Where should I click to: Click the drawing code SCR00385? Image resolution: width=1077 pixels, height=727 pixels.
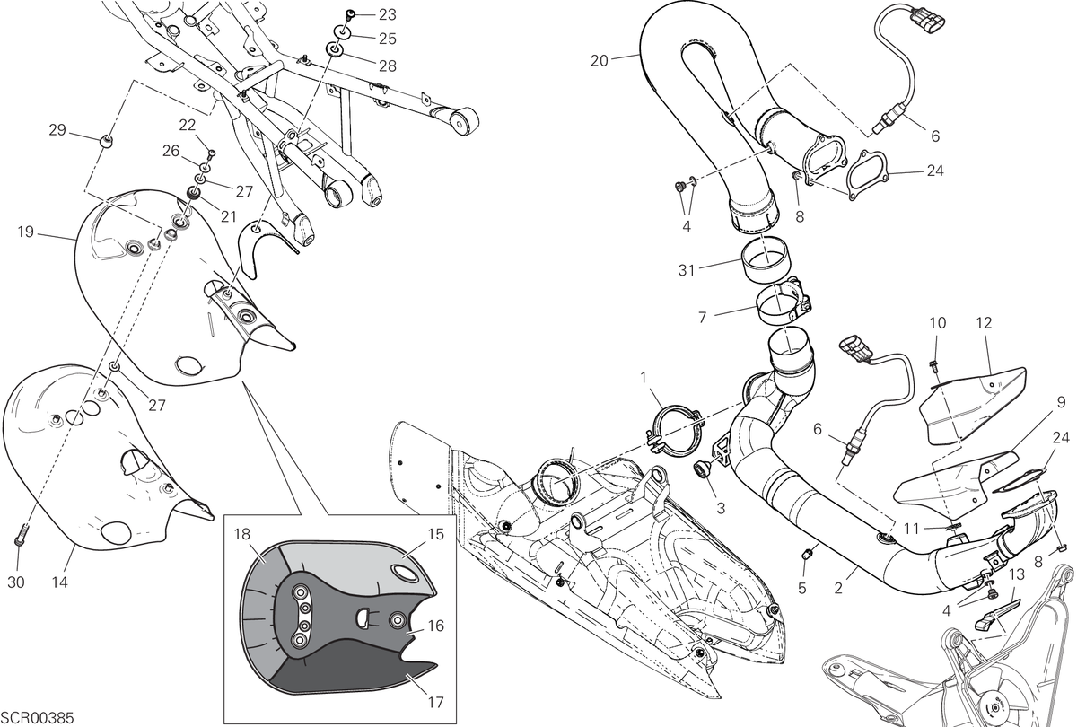pyautogui.click(x=37, y=718)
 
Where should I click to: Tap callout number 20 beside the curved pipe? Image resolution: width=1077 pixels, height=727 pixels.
pyautogui.click(x=600, y=61)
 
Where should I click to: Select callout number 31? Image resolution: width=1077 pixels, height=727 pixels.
pyautogui.click(x=686, y=271)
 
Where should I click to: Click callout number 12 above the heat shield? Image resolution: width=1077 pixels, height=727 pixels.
pyautogui.click(x=984, y=323)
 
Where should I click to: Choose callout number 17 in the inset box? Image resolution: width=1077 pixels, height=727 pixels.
pyautogui.click(x=435, y=703)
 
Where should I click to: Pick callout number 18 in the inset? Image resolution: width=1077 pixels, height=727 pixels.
pyautogui.click(x=243, y=535)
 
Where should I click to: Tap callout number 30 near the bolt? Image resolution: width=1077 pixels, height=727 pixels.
pyautogui.click(x=16, y=582)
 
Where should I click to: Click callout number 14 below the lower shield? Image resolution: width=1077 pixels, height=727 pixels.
pyautogui.click(x=59, y=582)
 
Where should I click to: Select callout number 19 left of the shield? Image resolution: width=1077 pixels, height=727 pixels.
pyautogui.click(x=25, y=232)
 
